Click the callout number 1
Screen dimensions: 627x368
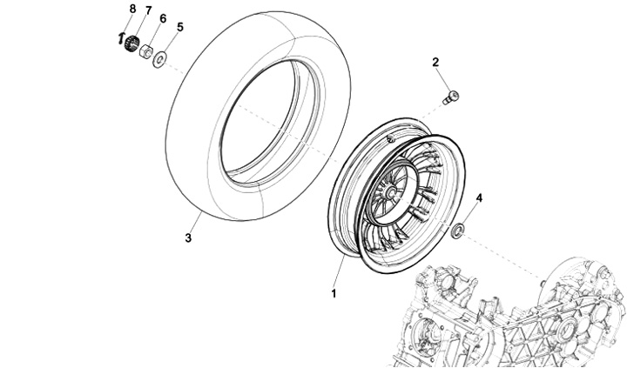tap(334, 293)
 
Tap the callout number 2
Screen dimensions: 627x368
tap(435, 62)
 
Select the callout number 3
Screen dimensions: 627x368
tap(187, 238)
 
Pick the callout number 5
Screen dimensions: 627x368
tap(180, 27)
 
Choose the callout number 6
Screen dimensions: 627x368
tap(163, 18)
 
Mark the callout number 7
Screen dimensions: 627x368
tap(148, 11)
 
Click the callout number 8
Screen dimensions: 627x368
tap(132, 9)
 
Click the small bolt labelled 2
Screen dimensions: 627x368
tap(451, 97)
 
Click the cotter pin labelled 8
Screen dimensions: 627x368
tap(121, 38)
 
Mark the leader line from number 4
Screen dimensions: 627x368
tap(470, 213)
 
